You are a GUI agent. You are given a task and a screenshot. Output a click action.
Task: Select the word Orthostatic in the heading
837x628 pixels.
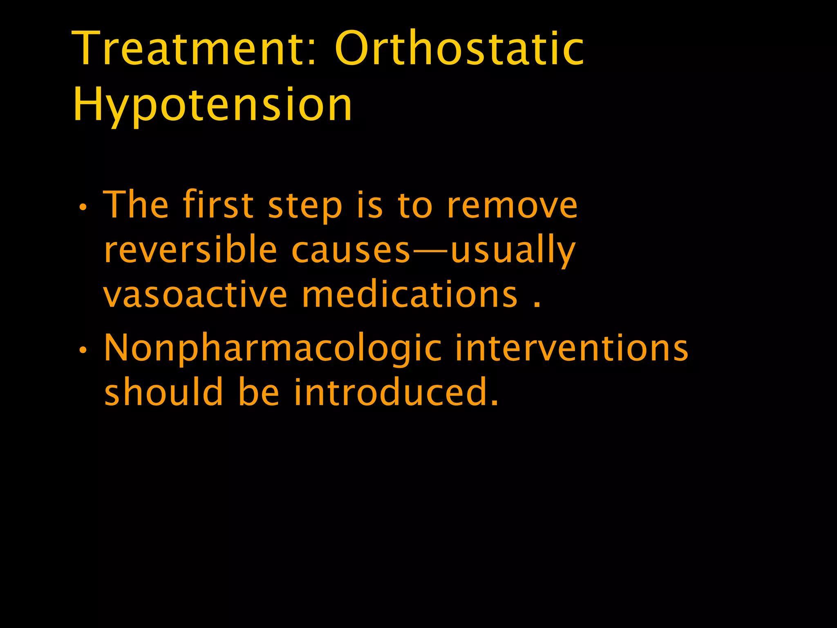(x=459, y=49)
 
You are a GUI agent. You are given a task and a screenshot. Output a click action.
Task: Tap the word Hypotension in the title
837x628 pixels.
(x=213, y=105)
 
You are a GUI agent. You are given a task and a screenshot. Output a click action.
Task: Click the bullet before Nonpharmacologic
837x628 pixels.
(x=83, y=350)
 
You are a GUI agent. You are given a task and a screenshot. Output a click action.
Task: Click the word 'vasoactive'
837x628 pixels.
(x=196, y=294)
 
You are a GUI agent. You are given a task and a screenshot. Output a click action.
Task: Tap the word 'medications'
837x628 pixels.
(x=410, y=294)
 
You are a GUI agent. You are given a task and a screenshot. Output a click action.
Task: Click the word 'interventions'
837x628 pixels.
(x=572, y=348)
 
